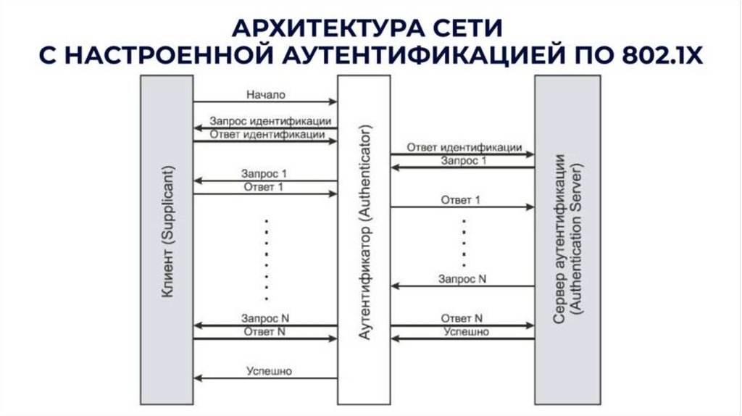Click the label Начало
[266, 94]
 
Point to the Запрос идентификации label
[270, 121]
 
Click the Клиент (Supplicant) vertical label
[167, 238]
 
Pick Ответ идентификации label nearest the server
[464, 146]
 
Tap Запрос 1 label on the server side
[464, 160]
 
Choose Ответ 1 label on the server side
[461, 199]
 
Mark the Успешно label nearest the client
[269, 371]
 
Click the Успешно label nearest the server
[466, 332]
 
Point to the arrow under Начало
[265, 102]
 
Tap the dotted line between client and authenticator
[267, 257]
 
